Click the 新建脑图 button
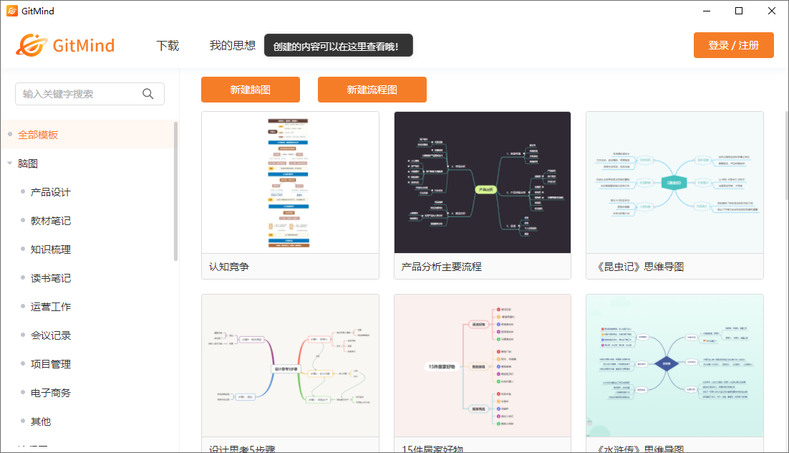tap(250, 90)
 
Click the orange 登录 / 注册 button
tap(733, 45)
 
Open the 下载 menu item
tap(168, 46)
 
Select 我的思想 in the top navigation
tap(233, 46)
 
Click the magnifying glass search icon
tap(148, 94)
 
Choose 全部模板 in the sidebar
tap(38, 135)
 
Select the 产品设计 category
tap(51, 192)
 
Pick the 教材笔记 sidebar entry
tap(51, 221)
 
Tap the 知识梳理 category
tap(51, 249)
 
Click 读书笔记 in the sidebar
tap(51, 278)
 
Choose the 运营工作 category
tap(51, 307)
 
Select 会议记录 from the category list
tap(51, 335)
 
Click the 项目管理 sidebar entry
tap(51, 364)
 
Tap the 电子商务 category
tap(51, 393)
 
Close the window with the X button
tap(772, 11)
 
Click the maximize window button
tap(739, 11)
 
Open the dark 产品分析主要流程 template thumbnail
tap(482, 183)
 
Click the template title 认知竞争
tap(229, 267)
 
